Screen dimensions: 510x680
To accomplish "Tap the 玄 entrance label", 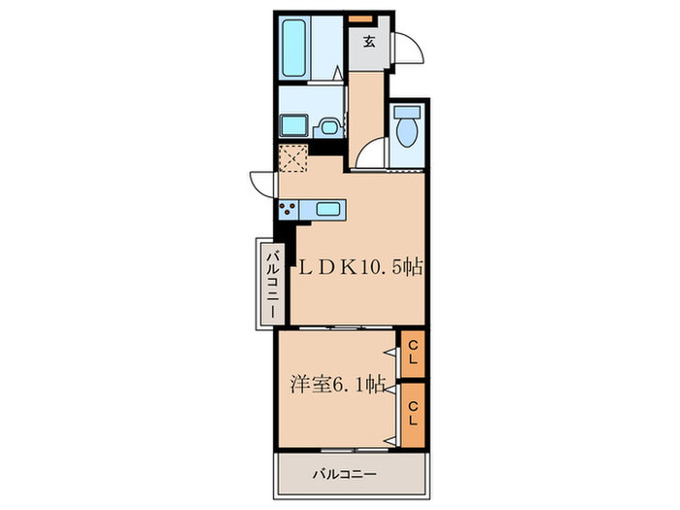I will tap(369, 41).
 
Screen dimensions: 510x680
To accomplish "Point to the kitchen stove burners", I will tap(288, 208).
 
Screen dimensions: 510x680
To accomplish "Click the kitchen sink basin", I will tap(327, 208).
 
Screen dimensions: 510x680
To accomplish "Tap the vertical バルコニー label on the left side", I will tap(274, 282).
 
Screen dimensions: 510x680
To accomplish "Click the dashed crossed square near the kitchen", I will tap(292, 157).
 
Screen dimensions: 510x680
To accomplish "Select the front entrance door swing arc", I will tap(407, 48).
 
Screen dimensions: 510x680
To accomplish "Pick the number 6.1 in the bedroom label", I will tap(349, 384).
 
